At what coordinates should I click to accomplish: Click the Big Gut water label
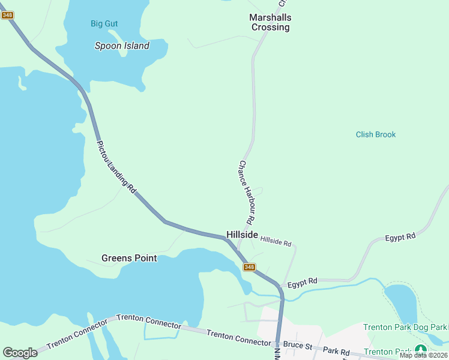(104, 23)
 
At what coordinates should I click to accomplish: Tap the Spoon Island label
(122, 46)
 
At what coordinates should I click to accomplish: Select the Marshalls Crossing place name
(270, 22)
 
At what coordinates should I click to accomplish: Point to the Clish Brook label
(376, 134)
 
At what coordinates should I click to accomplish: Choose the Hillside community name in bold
(242, 235)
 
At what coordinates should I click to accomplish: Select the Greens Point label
(129, 258)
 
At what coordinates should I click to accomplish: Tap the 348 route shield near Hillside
(250, 267)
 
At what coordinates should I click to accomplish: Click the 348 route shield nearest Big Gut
(7, 15)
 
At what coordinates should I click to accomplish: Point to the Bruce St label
(298, 346)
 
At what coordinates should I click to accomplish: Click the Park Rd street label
(336, 350)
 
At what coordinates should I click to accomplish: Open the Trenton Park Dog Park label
(405, 327)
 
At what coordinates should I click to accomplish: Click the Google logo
(20, 352)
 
